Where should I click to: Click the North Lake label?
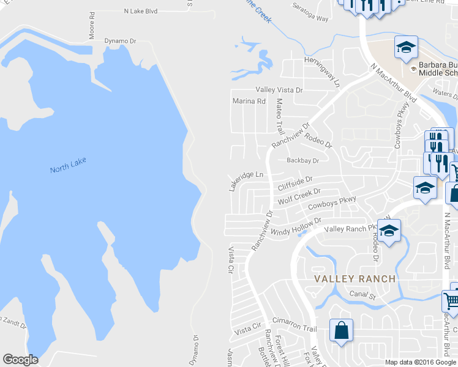[68, 165]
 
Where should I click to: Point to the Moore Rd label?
[92, 25]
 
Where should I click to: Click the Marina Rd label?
[249, 101]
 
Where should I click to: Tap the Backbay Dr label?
[303, 161]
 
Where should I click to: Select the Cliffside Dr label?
[295, 183]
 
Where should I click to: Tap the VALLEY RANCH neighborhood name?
[355, 278]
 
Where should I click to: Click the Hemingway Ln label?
[322, 72]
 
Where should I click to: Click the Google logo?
[20, 360]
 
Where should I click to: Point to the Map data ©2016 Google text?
[421, 362]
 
